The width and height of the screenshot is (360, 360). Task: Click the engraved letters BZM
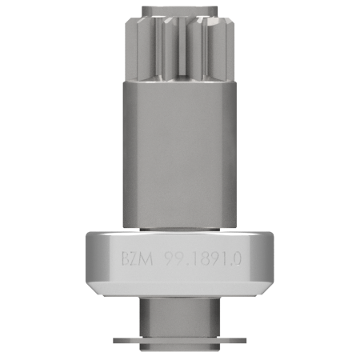coord(138,258)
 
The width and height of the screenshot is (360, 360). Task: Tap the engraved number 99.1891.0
coord(203,258)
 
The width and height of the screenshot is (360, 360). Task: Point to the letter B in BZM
coord(126,258)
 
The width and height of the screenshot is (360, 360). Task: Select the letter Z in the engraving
coord(136,258)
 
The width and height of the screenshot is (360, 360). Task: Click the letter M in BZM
coord(147,258)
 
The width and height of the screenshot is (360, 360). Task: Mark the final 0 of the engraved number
coord(238,258)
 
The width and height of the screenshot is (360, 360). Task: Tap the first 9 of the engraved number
coord(169,258)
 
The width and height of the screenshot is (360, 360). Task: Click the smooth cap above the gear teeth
coord(179,11)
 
